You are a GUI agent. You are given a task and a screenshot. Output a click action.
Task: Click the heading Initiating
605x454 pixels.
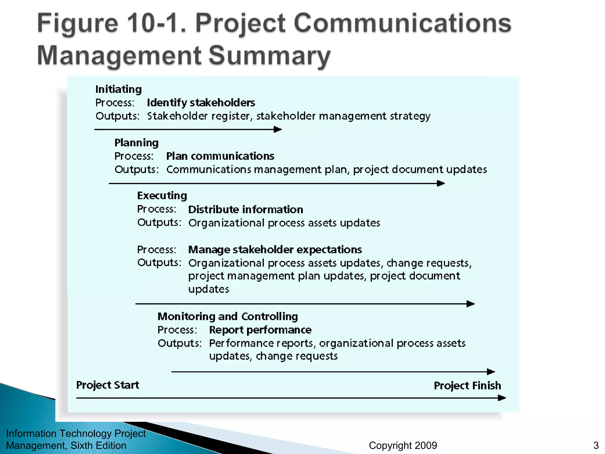click(x=118, y=89)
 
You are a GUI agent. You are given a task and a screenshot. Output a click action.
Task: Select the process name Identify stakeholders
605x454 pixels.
click(x=201, y=103)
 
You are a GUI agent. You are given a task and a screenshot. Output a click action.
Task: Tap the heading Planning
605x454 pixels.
click(x=136, y=143)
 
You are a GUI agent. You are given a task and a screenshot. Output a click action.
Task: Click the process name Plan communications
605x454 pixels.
click(x=220, y=156)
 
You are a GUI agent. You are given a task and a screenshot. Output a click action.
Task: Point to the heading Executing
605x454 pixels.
click(x=162, y=196)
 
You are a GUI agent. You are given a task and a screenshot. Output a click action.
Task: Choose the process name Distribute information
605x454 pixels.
click(x=245, y=210)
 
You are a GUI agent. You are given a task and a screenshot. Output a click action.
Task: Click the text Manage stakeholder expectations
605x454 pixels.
click(x=275, y=250)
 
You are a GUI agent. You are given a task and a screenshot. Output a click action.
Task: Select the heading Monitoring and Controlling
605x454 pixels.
click(x=227, y=317)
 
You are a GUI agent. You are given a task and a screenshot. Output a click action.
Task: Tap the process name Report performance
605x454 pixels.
click(x=260, y=330)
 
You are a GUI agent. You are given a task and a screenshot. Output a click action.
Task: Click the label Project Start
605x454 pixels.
click(x=108, y=385)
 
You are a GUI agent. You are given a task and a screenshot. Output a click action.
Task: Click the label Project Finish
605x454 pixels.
click(x=467, y=386)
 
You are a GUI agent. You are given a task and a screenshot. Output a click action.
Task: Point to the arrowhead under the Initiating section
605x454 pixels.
click(x=278, y=129)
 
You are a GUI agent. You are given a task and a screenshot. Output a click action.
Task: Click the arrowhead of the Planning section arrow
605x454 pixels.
click(x=441, y=184)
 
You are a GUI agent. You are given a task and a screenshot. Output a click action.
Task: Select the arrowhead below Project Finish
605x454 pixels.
click(x=502, y=398)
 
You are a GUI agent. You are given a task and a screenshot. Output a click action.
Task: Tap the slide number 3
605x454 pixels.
click(x=596, y=445)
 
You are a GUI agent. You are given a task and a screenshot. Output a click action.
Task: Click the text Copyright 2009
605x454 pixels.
click(x=403, y=445)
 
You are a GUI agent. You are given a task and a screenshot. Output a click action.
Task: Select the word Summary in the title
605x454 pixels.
click(x=269, y=56)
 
